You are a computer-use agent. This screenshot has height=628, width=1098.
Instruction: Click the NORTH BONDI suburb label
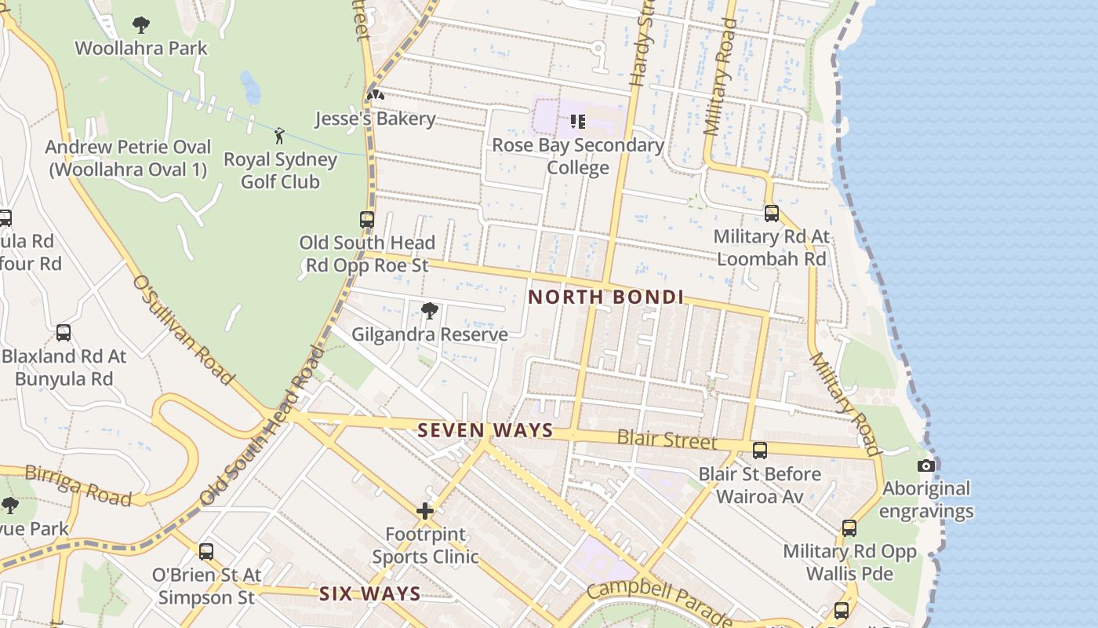[x=605, y=298]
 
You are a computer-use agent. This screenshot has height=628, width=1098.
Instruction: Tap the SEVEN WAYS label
[x=485, y=431]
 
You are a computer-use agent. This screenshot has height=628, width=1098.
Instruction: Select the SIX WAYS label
[x=369, y=594]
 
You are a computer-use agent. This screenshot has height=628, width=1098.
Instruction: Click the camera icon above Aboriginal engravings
[x=925, y=466]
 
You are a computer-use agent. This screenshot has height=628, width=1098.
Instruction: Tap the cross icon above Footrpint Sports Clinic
[x=425, y=512]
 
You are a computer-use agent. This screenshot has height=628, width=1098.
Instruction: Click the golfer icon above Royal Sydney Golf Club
[x=279, y=136]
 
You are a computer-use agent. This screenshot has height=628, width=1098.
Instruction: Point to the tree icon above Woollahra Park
[x=141, y=25]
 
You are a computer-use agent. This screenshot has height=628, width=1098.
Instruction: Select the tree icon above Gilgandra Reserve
[x=429, y=311]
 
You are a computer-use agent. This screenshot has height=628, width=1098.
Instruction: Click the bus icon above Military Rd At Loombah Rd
[x=772, y=214]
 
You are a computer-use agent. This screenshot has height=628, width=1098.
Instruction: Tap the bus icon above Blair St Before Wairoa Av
[x=759, y=451]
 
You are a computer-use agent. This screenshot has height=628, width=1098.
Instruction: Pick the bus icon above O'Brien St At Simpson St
[x=205, y=552]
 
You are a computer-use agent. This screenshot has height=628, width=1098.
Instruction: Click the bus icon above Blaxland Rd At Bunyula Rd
[x=64, y=333]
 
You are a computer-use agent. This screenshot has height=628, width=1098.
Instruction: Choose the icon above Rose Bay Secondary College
[x=578, y=122]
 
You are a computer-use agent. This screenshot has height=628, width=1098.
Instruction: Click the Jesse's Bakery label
[x=375, y=119]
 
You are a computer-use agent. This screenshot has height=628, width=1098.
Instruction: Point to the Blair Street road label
[x=667, y=440]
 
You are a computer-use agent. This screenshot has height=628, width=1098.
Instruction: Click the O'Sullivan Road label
[x=183, y=330]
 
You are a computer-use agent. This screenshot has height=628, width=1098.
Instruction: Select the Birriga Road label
[x=78, y=484]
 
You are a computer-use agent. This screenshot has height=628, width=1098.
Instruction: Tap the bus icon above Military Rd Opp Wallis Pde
[x=849, y=528]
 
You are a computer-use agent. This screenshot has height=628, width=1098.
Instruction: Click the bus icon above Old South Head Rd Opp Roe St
[x=367, y=220]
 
